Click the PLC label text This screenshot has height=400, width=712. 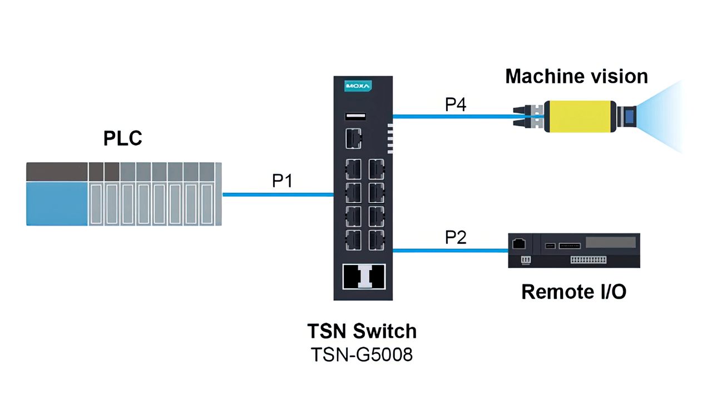123,138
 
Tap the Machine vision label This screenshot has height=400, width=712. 576,76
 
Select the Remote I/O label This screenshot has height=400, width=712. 573,291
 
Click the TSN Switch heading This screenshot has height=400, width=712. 362,331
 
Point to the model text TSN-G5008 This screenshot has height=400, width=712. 362,354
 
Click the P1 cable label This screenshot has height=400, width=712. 282,181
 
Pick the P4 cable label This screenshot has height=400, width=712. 455,104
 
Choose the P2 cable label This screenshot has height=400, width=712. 455,238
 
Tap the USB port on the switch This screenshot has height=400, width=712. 355,116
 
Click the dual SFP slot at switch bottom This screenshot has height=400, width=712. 363,276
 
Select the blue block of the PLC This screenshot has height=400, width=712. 57,203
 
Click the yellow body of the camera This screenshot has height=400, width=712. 578,117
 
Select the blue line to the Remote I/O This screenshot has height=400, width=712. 451,251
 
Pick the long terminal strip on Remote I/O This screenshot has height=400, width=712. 589,259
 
